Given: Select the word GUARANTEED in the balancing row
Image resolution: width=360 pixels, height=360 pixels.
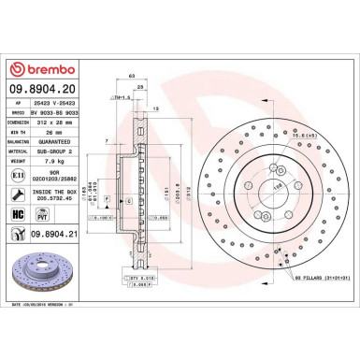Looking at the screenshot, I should [53, 142].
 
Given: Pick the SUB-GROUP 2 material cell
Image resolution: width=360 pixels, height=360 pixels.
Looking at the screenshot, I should [53, 152].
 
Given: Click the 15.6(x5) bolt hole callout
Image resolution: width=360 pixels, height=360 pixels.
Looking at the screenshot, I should [277, 137].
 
